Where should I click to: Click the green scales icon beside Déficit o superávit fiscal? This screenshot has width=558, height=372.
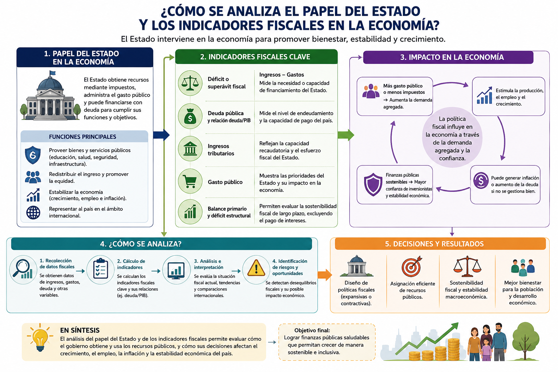coord(190,83)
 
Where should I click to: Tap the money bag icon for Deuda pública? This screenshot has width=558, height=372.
coord(190,116)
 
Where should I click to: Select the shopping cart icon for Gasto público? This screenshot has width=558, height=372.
coord(190,181)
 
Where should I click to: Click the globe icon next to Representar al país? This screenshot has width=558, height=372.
coord(33,213)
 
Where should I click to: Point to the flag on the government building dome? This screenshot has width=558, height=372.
coord(52,73)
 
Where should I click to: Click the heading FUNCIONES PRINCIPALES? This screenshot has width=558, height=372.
coord(82,137)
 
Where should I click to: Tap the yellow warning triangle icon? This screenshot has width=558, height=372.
coord(256,268)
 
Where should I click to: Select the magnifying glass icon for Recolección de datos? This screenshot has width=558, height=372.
coord(22,269)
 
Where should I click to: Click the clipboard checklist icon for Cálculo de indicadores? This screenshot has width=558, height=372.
coord(100,268)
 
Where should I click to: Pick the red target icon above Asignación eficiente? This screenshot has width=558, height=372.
coord(412,266)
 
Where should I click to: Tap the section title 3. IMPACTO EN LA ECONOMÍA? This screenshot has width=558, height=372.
coord(452,57)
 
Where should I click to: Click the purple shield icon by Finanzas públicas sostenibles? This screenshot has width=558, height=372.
coord(373,185)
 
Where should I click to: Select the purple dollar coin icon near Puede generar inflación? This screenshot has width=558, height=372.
coord(481,181)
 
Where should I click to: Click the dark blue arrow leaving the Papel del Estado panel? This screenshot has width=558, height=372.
coord(161,135)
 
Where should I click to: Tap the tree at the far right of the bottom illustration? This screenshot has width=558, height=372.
coord(526,341)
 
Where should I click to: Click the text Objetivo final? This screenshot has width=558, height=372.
coord(312,330)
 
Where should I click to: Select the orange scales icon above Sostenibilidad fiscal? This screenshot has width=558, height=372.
coord(467,267)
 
